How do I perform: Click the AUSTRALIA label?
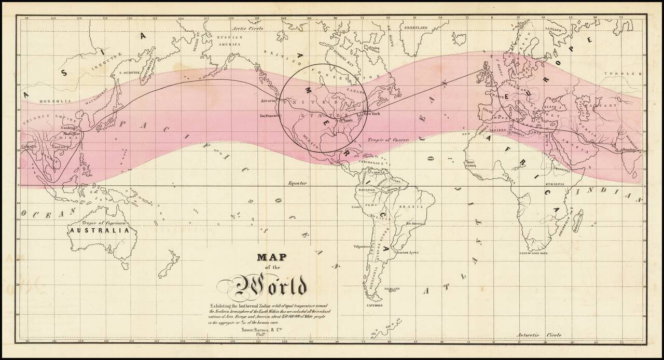99,230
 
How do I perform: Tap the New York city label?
372,113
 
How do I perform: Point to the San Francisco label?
268,116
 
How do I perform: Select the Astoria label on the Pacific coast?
268,100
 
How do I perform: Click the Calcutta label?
29,147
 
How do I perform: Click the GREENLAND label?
416,27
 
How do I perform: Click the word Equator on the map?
298,183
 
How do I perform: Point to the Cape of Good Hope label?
534,253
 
